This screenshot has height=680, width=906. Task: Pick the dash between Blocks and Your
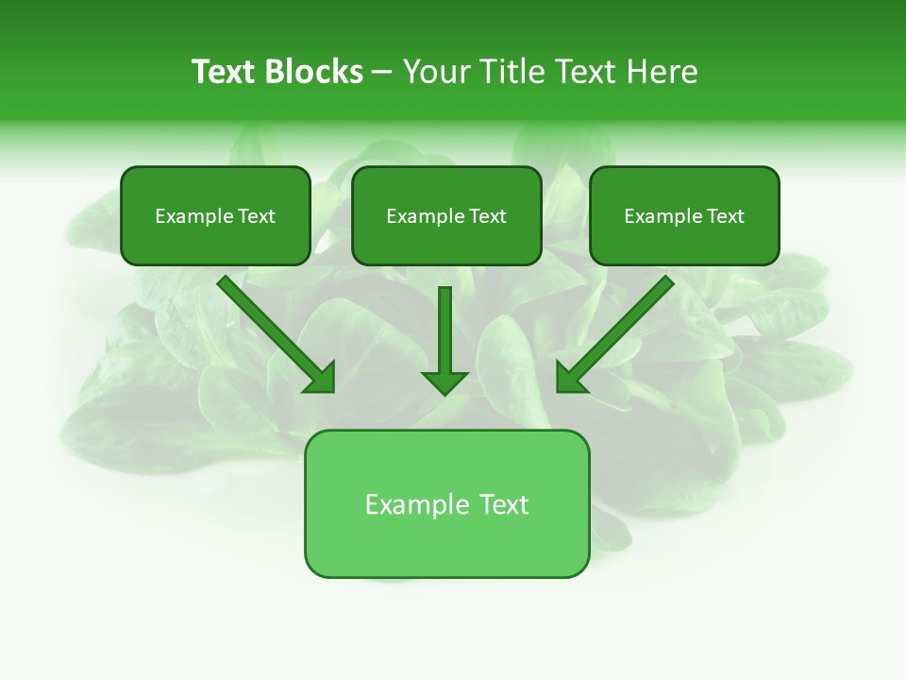point(382,73)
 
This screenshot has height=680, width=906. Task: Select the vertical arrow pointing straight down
point(445,335)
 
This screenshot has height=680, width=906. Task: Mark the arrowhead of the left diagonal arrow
point(321,378)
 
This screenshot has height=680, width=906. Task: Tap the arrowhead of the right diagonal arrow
point(570,378)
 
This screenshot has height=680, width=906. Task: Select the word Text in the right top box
point(726,216)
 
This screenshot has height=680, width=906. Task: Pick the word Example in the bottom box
point(416,504)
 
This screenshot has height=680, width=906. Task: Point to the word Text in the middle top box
point(488,216)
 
